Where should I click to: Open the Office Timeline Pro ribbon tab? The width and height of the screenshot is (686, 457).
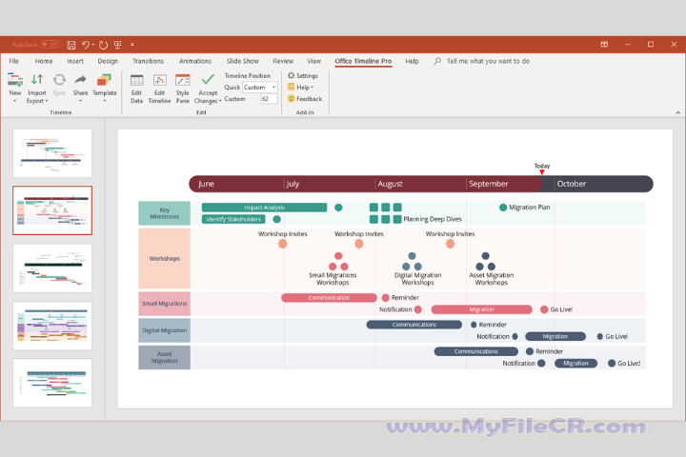click(363, 61)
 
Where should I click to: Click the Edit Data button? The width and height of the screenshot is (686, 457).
click(136, 88)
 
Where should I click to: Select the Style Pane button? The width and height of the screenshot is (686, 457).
click(182, 88)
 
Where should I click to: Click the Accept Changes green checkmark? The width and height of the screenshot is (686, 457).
click(208, 80)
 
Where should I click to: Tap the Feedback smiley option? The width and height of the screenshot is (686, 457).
click(305, 98)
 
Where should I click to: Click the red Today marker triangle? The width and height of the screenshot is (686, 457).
click(541, 172)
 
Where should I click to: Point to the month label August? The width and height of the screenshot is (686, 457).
click(390, 184)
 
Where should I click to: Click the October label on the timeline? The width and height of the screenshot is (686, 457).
click(572, 184)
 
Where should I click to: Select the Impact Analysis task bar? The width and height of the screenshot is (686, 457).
click(264, 207)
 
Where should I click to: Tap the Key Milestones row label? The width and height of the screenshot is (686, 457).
click(164, 212)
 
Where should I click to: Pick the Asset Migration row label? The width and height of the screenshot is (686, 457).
click(164, 357)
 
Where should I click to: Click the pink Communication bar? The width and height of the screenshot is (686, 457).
click(329, 297)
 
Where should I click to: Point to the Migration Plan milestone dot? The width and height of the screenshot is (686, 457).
click(503, 207)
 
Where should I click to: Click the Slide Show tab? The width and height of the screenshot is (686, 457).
click(243, 61)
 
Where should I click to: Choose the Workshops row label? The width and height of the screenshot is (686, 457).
click(164, 258)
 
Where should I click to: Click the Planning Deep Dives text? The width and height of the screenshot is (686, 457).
click(433, 219)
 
